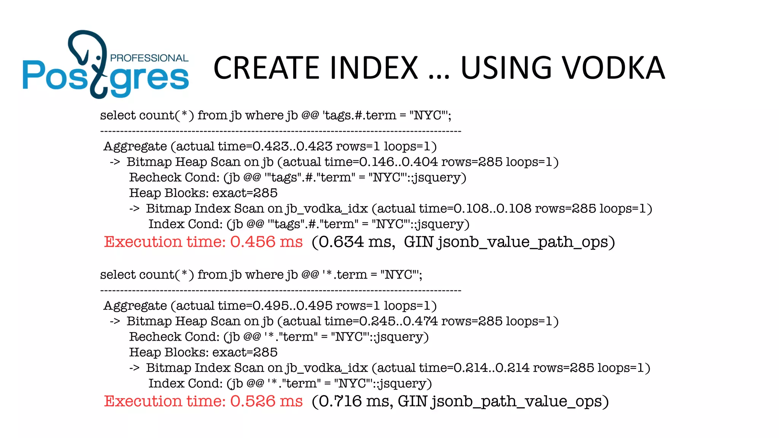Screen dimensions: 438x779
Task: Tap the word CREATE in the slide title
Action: [266, 68]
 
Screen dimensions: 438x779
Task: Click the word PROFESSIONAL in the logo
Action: [149, 58]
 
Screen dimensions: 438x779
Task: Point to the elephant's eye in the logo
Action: [99, 58]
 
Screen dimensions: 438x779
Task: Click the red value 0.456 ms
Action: [266, 242]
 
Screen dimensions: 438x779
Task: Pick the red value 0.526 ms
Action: [266, 401]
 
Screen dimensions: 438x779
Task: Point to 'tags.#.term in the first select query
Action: [359, 115]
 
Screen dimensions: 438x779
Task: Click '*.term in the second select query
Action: [345, 275]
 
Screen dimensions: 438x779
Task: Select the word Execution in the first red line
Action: [143, 242]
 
